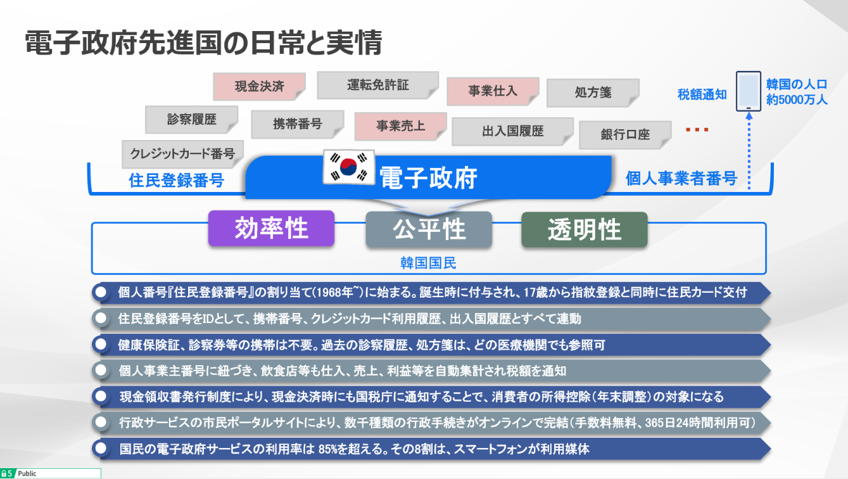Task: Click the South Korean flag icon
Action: coord(349,167)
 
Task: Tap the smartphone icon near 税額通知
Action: coord(749,91)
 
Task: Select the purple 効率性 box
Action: coord(271,228)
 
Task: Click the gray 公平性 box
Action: coord(429,229)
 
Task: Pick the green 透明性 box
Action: coord(585,229)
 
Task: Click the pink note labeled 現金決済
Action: coord(259,86)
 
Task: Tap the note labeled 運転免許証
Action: coord(378,85)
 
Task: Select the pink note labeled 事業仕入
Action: coord(493,91)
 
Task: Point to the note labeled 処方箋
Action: coord(593,93)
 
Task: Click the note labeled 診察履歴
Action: coord(191,119)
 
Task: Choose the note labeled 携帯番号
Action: coord(298,124)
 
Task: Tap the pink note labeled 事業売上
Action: coord(400,125)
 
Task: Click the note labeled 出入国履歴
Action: coord(512,131)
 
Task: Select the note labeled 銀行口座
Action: coord(626,134)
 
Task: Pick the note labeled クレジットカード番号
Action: coord(182,154)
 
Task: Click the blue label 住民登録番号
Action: coord(177,180)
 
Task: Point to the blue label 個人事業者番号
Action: coord(681,178)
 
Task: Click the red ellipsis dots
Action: coord(697,130)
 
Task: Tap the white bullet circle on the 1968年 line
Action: coord(101,292)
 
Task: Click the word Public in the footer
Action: coord(27,473)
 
